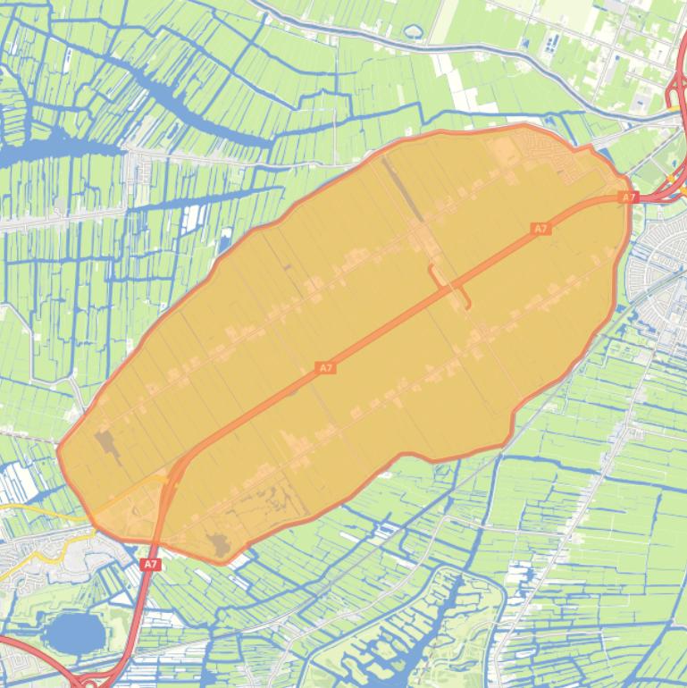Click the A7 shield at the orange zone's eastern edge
628,197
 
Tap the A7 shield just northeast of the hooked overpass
540,229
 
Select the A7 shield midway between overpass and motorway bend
325,367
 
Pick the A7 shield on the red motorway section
150,564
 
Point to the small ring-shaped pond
413,32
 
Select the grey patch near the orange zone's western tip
107,444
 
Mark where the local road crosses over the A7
452,287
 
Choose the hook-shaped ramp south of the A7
466,300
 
